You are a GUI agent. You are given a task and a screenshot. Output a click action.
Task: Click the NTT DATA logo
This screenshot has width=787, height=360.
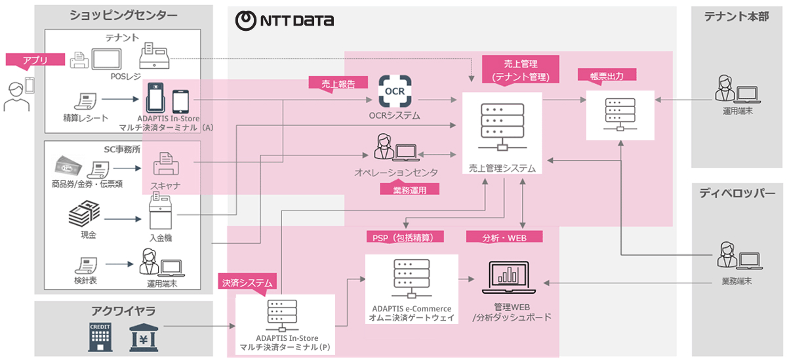pos(284,20)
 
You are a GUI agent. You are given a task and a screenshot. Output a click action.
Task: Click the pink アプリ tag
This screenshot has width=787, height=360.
pos(35,60)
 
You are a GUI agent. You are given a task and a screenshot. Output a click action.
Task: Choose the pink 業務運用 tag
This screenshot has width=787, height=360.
pos(410,190)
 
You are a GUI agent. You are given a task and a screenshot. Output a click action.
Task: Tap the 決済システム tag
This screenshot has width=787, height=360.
pos(247,283)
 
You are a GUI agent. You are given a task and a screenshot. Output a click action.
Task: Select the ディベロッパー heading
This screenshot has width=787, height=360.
pos(737,193)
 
